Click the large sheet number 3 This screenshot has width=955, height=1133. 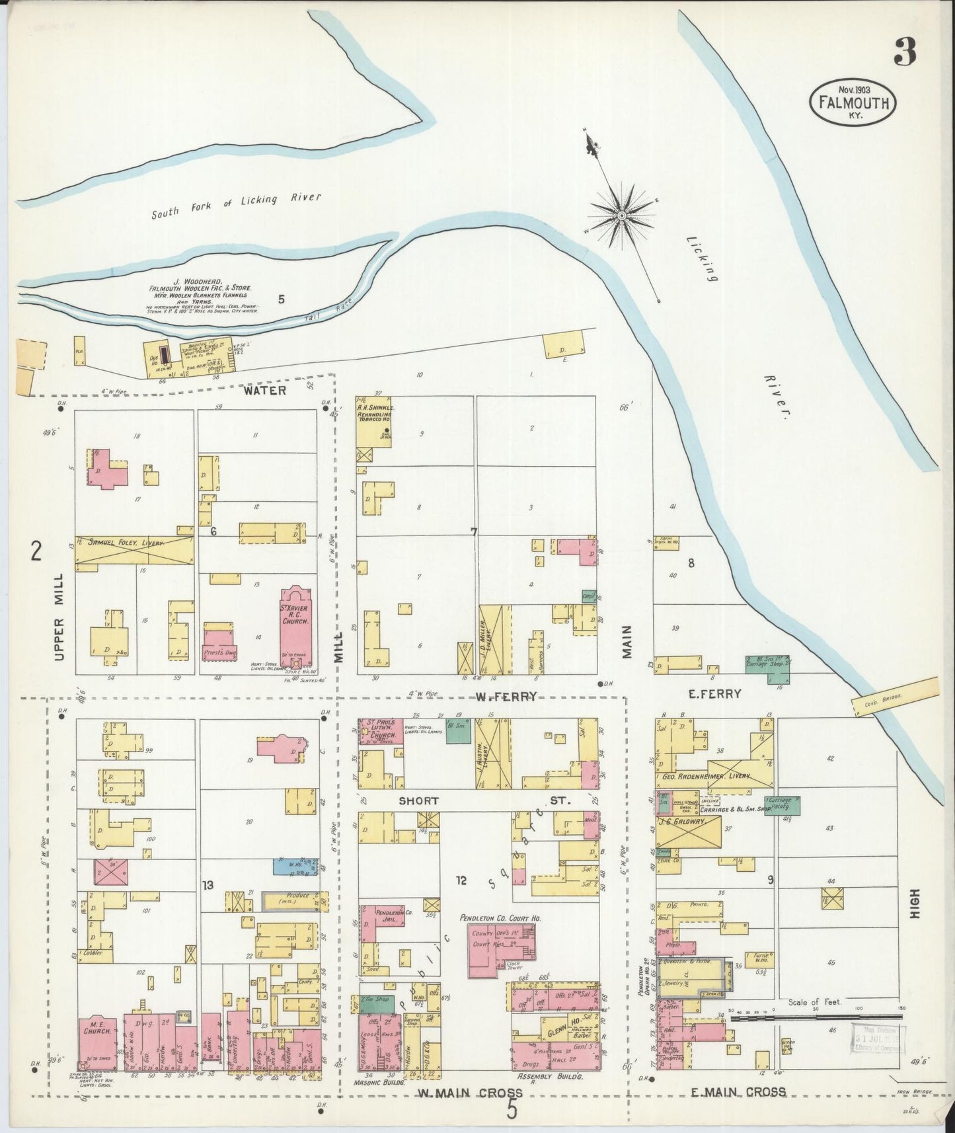point(905,52)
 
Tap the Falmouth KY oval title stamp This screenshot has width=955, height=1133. point(853,102)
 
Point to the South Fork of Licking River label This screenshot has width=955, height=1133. point(237,205)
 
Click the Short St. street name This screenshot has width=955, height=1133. point(418,801)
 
